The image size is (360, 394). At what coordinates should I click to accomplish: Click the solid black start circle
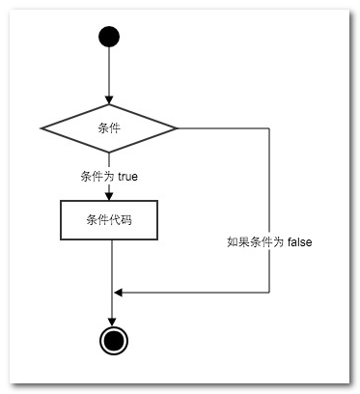click(109, 38)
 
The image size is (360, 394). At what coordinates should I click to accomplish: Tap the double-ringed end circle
click(113, 339)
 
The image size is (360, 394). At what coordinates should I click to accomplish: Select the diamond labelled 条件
click(109, 127)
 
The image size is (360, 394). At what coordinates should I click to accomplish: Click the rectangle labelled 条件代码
click(109, 220)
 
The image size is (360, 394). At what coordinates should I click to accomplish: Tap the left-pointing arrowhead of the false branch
click(119, 292)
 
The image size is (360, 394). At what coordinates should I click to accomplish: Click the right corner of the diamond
click(178, 127)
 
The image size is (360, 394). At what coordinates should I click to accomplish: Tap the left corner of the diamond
click(41, 127)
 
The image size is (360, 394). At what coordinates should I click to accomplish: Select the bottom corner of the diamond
click(109, 154)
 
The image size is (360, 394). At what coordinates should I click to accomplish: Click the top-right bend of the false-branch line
click(269, 127)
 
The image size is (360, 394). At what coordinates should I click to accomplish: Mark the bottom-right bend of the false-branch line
click(269, 292)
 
